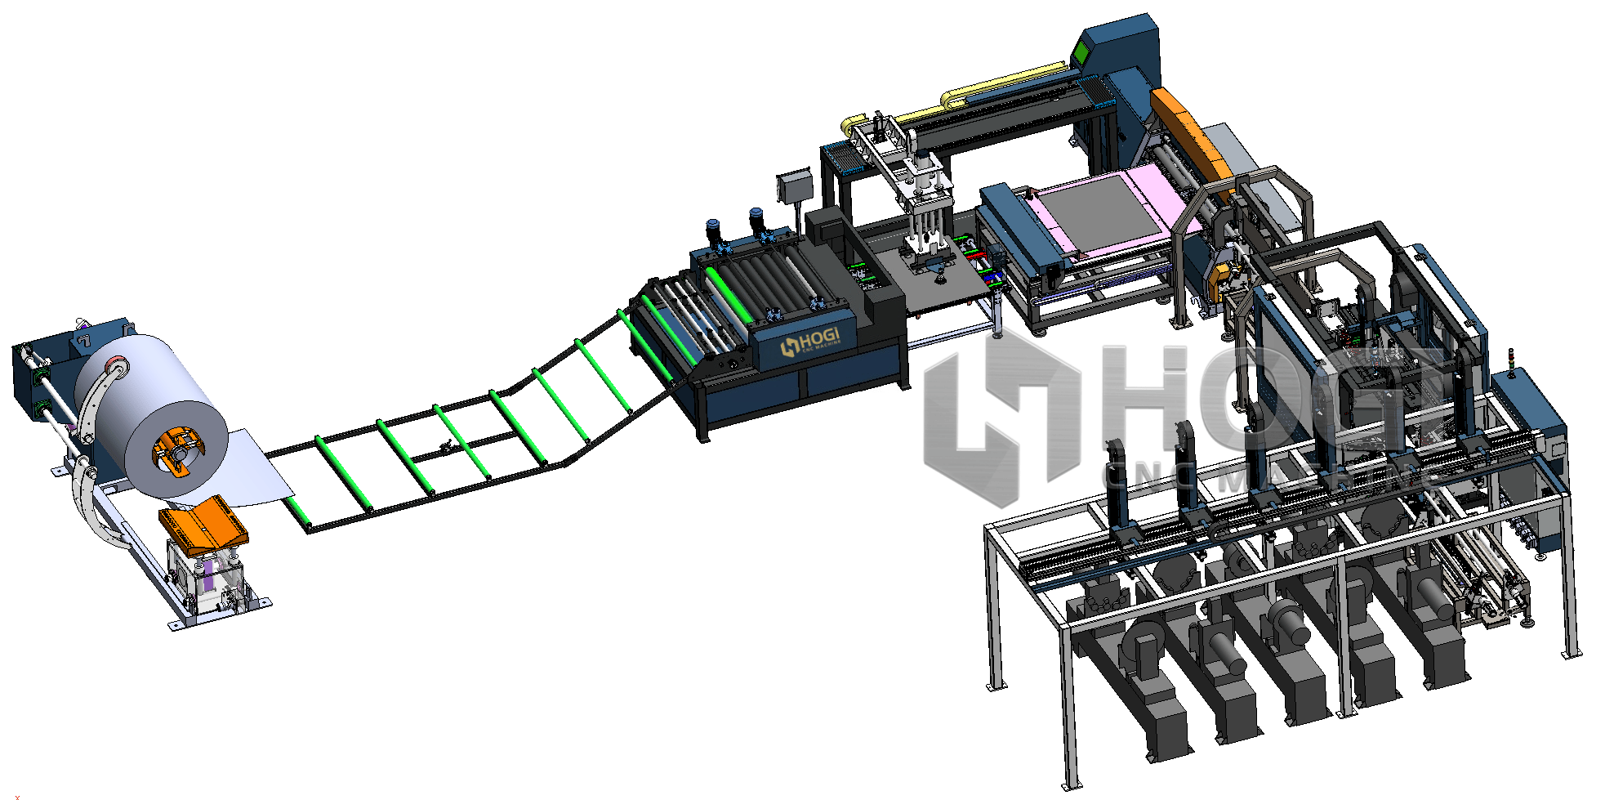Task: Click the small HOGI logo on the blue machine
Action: (x=809, y=341)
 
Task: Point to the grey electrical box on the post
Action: (x=793, y=187)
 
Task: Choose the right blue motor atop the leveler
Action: (x=757, y=221)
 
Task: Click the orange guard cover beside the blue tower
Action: (x=1188, y=135)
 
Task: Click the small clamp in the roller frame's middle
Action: (x=446, y=446)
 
